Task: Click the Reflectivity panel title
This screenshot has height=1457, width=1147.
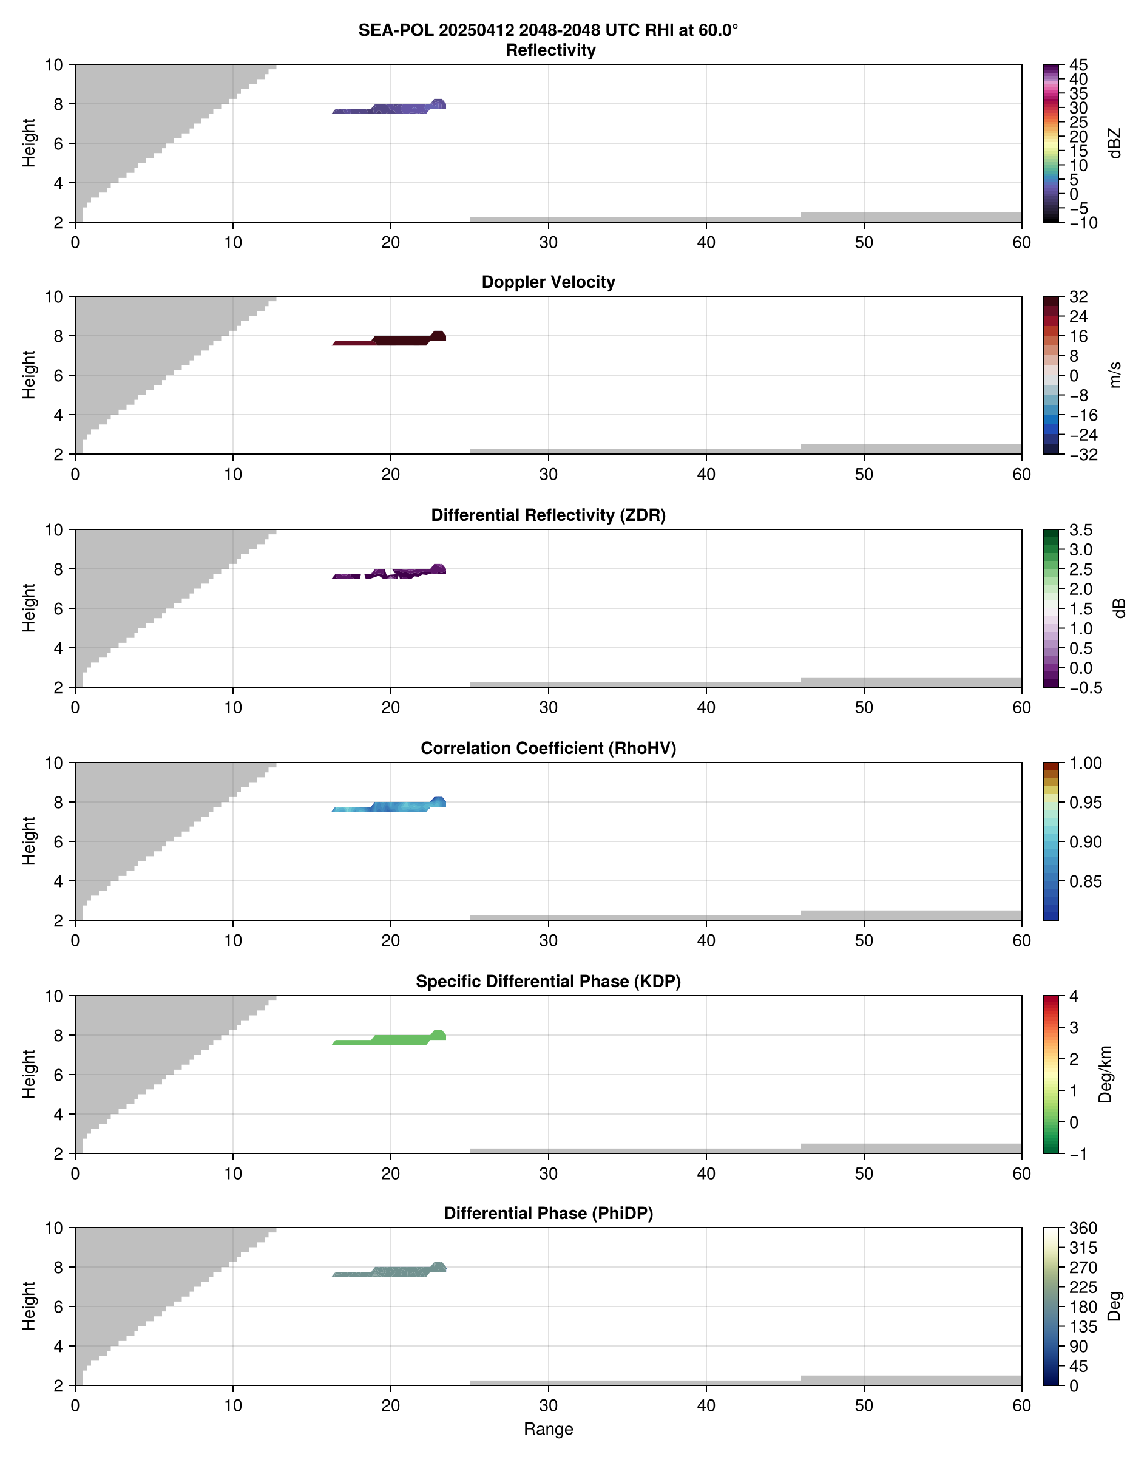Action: pos(550,50)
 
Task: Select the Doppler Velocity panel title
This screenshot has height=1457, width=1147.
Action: pos(548,282)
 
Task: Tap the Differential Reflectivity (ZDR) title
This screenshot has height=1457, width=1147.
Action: pos(548,515)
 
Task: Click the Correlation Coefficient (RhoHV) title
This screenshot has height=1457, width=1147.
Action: pos(548,749)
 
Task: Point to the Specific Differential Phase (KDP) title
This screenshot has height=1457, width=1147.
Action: pos(548,982)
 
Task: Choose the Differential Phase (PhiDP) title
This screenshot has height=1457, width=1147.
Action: pos(548,1213)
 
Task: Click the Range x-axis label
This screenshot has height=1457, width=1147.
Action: pos(548,1429)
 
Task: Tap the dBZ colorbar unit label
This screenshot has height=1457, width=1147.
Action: pos(1115,143)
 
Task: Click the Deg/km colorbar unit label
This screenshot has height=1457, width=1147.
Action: pos(1105,1074)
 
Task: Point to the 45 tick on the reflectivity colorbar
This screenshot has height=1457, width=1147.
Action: pos(1078,65)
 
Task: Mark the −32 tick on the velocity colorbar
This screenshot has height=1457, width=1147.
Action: pos(1083,455)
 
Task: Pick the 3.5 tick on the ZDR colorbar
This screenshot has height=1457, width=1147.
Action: pos(1080,530)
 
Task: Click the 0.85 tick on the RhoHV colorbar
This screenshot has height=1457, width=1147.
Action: pos(1084,881)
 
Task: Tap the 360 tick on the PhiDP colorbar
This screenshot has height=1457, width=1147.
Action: pos(1083,1228)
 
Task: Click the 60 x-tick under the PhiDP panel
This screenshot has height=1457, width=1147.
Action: pos(1021,1405)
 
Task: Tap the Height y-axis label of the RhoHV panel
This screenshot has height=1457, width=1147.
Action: pos(28,841)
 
